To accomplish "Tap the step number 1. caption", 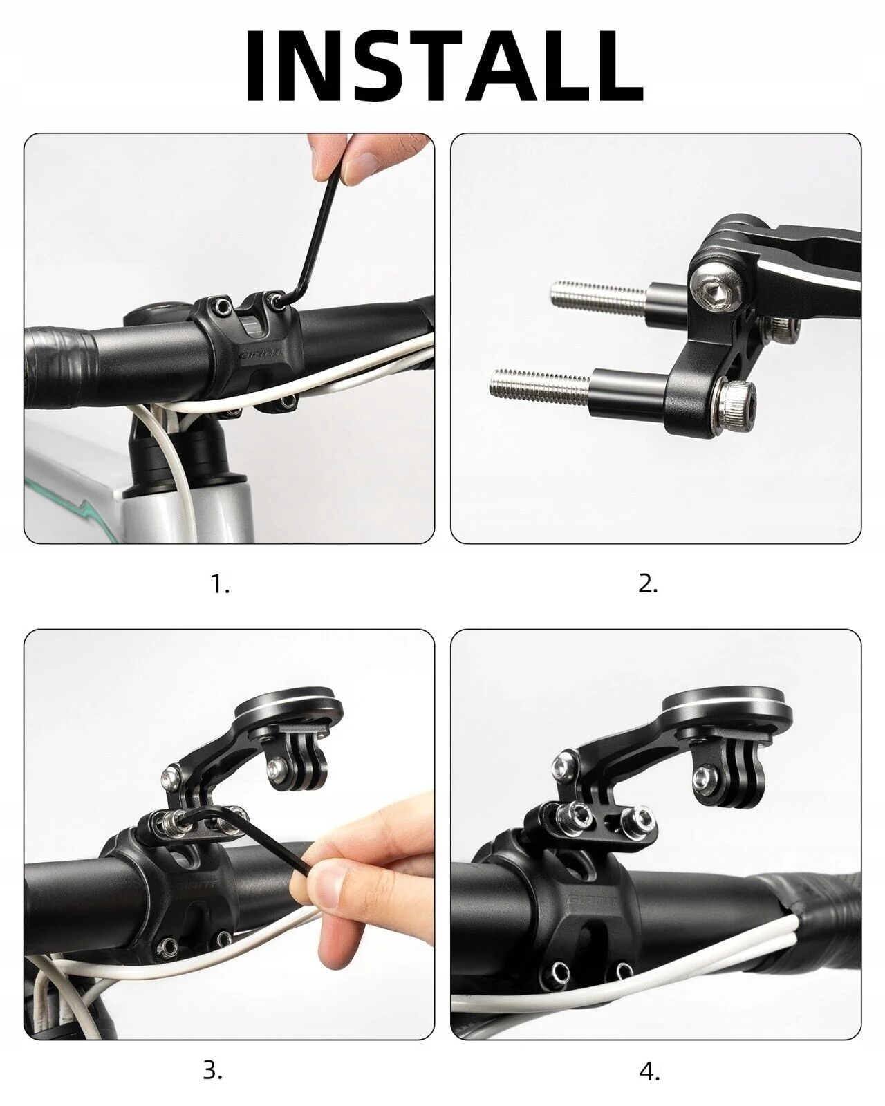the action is coord(221,584).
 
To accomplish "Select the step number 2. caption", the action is coord(648,584).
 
